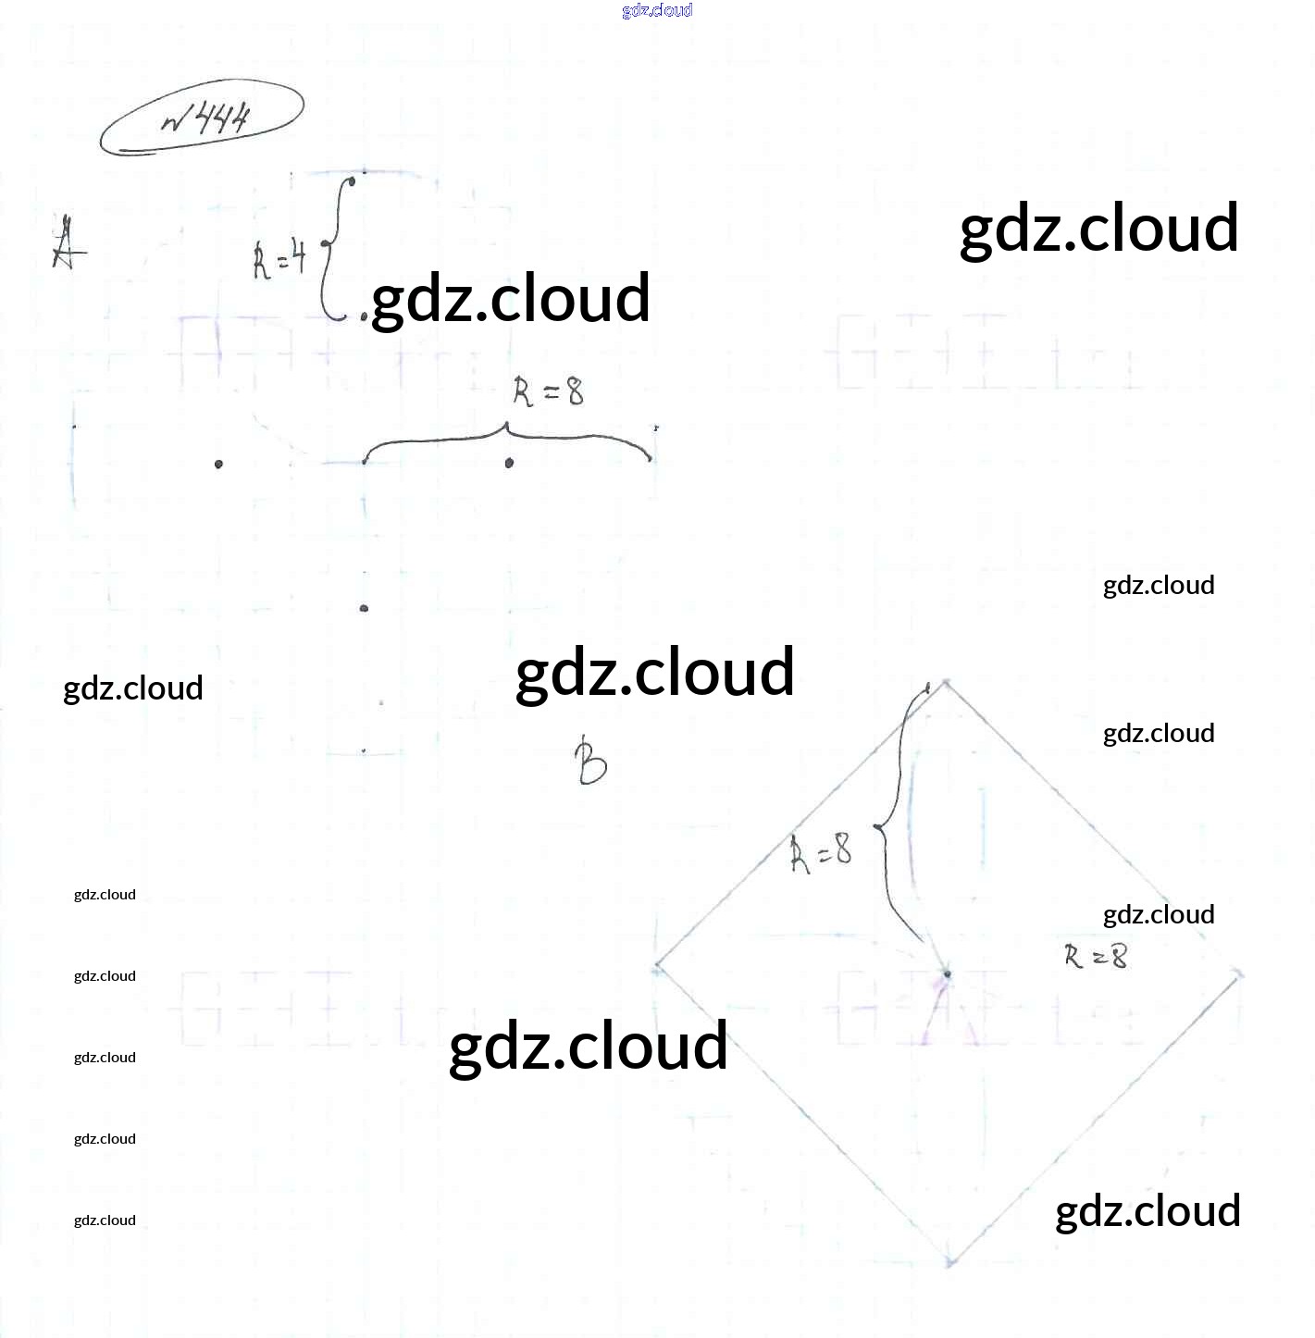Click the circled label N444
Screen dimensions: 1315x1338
pos(203,118)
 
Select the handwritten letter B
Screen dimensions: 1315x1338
pos(590,762)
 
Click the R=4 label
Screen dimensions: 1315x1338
pos(279,258)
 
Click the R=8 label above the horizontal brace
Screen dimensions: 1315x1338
pos(549,392)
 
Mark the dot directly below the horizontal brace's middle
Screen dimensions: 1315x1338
pos(509,463)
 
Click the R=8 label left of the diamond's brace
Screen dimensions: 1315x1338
pos(821,852)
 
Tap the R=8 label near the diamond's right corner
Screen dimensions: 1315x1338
pos(1096,956)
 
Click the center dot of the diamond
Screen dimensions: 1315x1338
pos(947,973)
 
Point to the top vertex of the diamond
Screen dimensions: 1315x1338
pos(945,683)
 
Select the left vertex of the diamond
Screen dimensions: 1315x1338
pos(657,966)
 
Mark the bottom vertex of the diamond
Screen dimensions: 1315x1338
pos(950,1262)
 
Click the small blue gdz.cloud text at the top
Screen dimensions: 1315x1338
pos(657,10)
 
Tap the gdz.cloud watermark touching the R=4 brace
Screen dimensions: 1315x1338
pos(511,299)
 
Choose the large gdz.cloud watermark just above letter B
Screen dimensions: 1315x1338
pos(655,672)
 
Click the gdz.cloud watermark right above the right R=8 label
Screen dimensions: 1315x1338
pos(1159,914)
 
